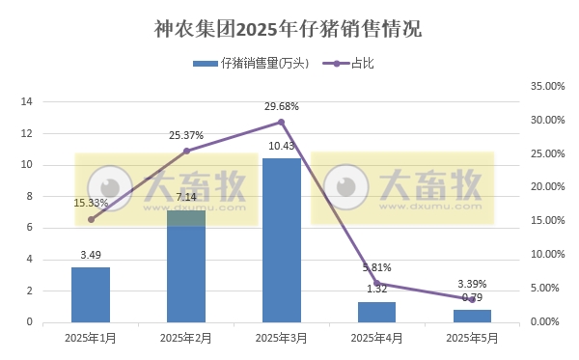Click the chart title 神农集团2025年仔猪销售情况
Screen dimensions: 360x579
point(288,28)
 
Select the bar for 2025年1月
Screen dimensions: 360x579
point(91,294)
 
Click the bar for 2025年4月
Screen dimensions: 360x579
point(376,312)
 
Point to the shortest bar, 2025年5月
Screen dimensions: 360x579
point(472,316)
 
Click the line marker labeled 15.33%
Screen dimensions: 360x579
point(91,219)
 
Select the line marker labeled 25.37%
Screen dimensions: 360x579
point(186,151)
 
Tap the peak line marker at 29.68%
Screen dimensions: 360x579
point(281,122)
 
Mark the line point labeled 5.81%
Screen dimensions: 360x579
point(376,283)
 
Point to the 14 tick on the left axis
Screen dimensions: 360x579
point(27,102)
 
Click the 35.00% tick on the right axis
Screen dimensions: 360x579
point(547,86)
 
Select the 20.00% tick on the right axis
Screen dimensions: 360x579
point(547,187)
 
